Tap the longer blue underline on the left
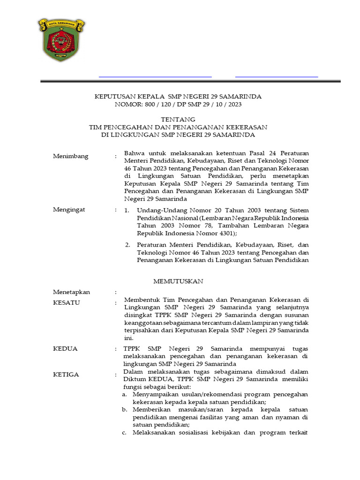[x=155, y=76]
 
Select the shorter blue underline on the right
[x=276, y=76]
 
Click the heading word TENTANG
[x=178, y=120]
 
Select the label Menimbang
[x=70, y=156]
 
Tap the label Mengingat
[x=69, y=210]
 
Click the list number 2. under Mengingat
[x=127, y=245]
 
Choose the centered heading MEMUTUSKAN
[x=178, y=281]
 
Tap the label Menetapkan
[x=71, y=292]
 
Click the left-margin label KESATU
[x=66, y=303]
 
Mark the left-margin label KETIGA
[x=66, y=375]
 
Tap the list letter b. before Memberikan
[x=124, y=409]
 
